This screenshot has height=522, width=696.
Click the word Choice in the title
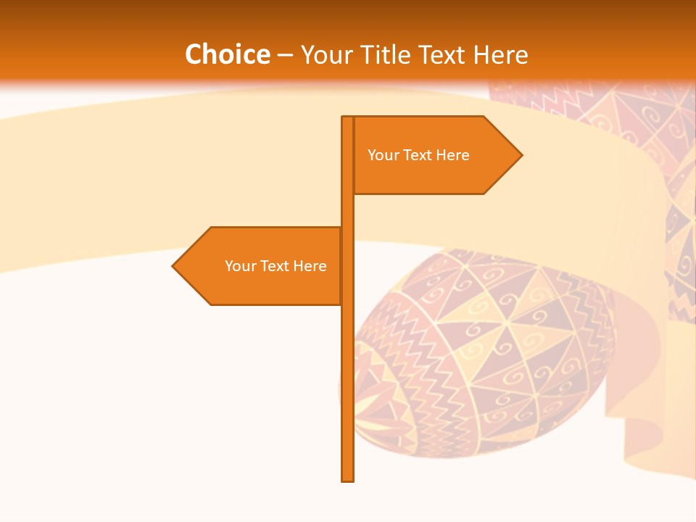[x=227, y=54]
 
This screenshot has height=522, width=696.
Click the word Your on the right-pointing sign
[x=383, y=155]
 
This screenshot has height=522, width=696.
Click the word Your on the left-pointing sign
[x=240, y=266]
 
